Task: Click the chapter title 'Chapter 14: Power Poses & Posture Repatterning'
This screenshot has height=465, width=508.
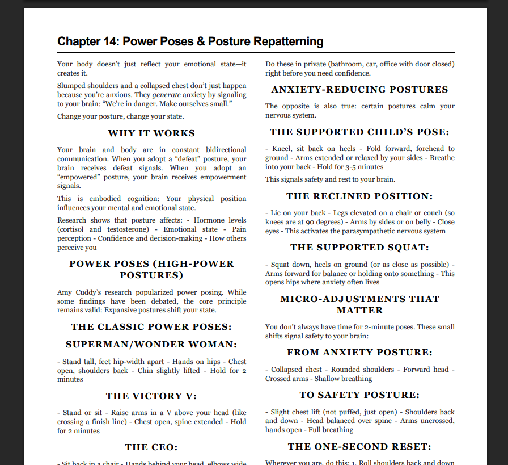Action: coord(190,41)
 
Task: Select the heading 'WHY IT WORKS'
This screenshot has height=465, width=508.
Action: coord(151,133)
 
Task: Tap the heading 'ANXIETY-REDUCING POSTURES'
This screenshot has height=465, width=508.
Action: coord(359,90)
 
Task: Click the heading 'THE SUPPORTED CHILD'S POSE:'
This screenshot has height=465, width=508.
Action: coord(359,132)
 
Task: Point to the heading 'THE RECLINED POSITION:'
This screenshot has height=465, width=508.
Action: coord(359,196)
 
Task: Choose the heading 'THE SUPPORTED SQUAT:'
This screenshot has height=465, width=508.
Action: coord(359,248)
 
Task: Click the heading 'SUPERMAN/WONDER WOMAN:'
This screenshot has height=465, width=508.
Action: coord(151,345)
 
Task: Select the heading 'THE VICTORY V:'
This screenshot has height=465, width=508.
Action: coord(151,396)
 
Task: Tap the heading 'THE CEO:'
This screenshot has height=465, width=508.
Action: coord(151,447)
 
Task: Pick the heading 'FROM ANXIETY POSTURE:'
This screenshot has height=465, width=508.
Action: coord(359,353)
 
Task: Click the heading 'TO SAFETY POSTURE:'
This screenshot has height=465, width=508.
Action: coord(359,395)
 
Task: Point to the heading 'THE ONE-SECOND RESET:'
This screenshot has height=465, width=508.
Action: coord(359,447)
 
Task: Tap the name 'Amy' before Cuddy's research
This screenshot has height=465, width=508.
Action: coord(65,292)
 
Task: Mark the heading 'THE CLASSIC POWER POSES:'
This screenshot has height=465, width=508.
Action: coord(151,327)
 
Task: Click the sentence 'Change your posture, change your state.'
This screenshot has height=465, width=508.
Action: coord(120,116)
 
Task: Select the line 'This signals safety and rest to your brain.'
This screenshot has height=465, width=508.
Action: coord(330,179)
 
